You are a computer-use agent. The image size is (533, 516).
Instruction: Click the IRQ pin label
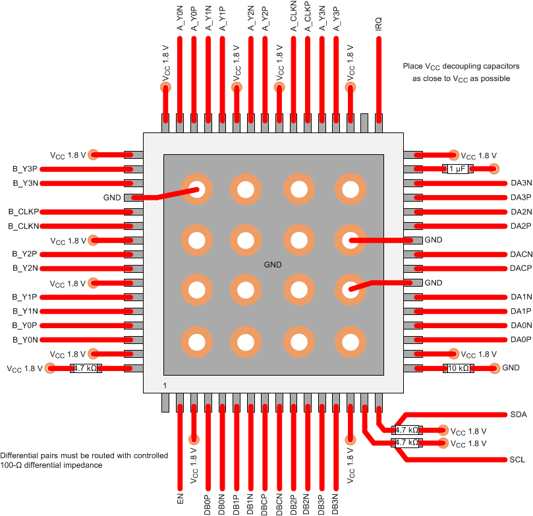coord(378,24)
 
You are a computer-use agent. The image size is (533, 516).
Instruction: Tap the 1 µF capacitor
coord(457,169)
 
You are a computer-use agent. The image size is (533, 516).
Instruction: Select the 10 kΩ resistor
coord(459,368)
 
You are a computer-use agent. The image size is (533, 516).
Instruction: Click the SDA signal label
coord(518,415)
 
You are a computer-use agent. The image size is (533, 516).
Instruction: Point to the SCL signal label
coord(518,459)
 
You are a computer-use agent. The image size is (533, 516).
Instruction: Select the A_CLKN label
coord(293,19)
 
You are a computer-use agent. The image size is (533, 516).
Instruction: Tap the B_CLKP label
coord(24,212)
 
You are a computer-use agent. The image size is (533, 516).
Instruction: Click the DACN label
coord(520,254)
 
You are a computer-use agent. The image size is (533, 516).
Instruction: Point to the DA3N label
coord(520,183)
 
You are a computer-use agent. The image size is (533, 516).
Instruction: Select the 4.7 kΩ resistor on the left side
coord(86,368)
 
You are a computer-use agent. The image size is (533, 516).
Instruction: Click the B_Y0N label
coord(25,340)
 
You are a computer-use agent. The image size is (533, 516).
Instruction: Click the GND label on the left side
coord(112,198)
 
